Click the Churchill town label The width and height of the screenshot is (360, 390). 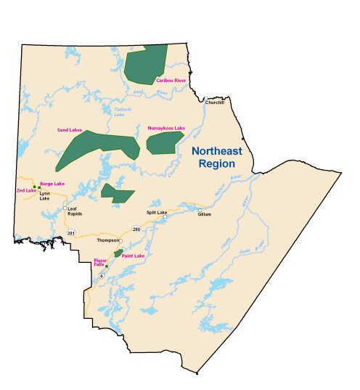(x=215, y=102)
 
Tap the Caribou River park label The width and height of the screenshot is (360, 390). (x=171, y=81)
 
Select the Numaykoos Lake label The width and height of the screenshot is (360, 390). (x=166, y=129)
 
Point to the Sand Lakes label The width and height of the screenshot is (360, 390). (x=70, y=130)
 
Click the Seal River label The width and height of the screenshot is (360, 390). (x=151, y=93)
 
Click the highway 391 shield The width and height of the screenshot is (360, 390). (x=70, y=232)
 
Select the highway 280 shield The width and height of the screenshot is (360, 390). (x=136, y=229)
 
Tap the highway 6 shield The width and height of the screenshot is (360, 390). (x=102, y=276)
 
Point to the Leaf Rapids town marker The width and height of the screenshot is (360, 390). (x=65, y=208)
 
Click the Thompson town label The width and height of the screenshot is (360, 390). (x=107, y=240)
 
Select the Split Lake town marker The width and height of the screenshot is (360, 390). (x=165, y=216)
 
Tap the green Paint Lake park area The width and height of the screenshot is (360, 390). (x=119, y=253)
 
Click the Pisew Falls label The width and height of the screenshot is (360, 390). (x=99, y=261)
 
